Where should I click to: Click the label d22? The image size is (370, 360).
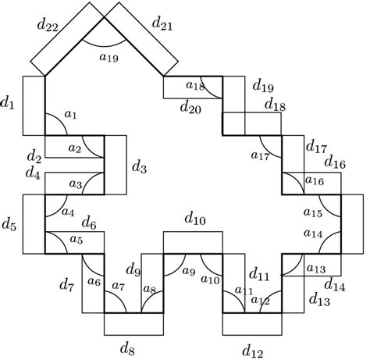(x=48, y=26)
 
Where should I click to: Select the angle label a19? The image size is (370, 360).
(x=109, y=55)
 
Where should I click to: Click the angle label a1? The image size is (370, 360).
(x=71, y=115)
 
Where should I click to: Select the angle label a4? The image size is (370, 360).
(x=68, y=212)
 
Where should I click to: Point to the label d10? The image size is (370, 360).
(x=194, y=221)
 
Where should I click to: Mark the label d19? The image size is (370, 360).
(x=263, y=85)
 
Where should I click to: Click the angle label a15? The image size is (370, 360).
(x=312, y=212)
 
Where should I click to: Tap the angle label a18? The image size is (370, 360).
(x=195, y=85)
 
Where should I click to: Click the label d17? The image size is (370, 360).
(x=315, y=146)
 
